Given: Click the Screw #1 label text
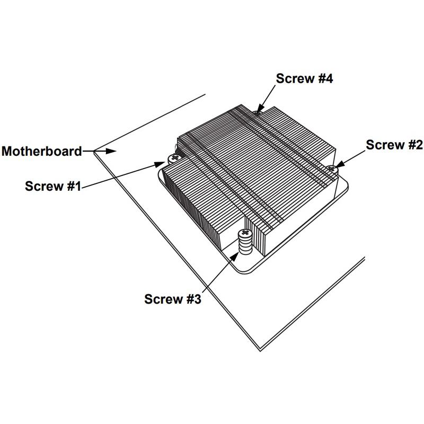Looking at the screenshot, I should (52, 186).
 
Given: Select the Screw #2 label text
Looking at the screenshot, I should (394, 145).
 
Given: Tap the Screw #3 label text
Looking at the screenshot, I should (173, 299).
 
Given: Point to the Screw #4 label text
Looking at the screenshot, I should (304, 78).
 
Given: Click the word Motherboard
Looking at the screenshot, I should (41, 151).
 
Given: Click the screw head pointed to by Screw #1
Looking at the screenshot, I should (173, 158).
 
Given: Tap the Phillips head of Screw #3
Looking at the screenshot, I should (245, 233).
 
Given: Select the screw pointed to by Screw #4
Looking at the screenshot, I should (258, 111).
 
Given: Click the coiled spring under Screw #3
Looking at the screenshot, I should (245, 246).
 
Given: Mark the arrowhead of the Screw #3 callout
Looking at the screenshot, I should (237, 256).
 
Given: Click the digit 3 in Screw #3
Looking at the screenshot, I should (197, 299).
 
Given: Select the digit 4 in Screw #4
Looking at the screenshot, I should (329, 78).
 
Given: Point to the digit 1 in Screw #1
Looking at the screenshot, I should (77, 186).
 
